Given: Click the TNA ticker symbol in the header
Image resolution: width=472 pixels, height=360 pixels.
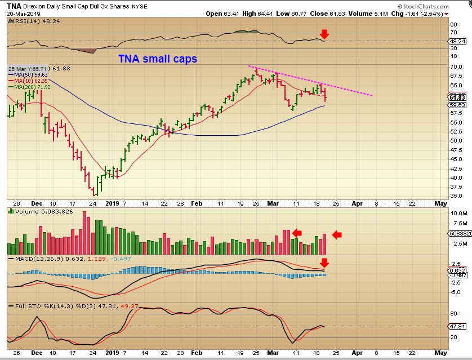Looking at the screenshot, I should click(x=14, y=5).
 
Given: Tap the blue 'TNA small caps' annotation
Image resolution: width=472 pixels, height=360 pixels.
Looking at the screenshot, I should click(x=157, y=59).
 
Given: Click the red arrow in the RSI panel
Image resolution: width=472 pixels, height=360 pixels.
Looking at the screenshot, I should click(x=324, y=34).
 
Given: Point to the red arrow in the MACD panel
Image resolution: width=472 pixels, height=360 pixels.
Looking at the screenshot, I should click(x=324, y=263).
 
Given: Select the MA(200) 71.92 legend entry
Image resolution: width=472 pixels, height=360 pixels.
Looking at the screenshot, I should click(x=32, y=87).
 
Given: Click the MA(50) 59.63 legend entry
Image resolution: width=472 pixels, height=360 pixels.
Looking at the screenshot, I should click(x=31, y=74).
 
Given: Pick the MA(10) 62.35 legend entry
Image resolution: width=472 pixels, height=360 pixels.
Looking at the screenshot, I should click(x=31, y=81).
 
